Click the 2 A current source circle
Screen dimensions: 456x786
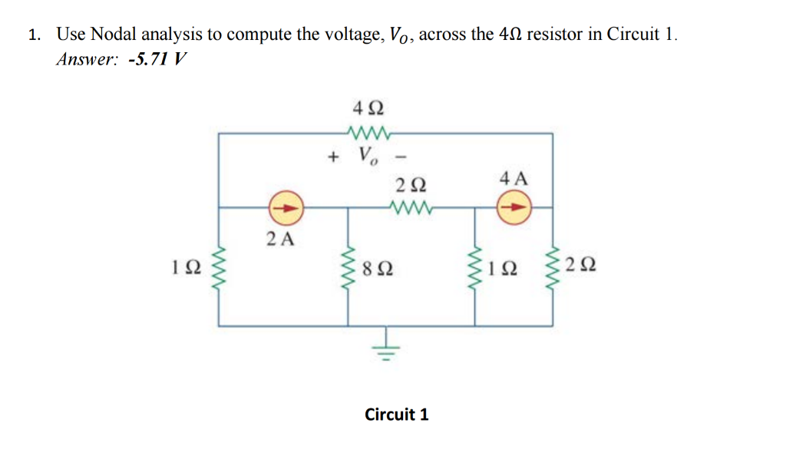286,207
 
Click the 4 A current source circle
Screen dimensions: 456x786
513,207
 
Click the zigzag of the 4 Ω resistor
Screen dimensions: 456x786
370,133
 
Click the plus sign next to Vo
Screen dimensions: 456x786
332,157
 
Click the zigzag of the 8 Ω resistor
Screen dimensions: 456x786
350,268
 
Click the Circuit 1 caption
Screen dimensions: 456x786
397,415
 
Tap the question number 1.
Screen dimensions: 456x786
33,35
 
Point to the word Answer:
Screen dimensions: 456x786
88,59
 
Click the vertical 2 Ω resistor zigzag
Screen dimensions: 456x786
552,268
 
